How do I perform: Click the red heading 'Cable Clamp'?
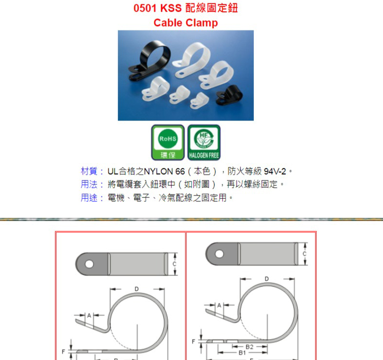coord(186,23)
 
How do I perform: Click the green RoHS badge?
coord(168,142)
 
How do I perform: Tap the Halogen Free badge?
coord(204,142)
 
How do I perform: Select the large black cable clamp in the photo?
coord(149,60)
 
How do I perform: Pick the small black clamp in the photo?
coord(229,95)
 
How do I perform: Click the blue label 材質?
coord(89,171)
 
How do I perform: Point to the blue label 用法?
coord(89,184)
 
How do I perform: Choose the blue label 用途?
coord(89,198)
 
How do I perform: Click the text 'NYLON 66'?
coord(164,172)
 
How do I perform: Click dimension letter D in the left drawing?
coord(136,289)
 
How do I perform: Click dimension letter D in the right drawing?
coord(267,279)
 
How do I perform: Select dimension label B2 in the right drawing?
coord(250,347)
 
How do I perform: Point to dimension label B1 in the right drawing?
coord(242,353)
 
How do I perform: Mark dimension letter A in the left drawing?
coord(89,315)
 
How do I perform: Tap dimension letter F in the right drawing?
coord(193,342)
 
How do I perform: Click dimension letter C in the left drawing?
coord(175,264)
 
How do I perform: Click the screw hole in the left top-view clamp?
coord(89,264)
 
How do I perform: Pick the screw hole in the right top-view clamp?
coord(220,254)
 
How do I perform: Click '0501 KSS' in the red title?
coord(158,8)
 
